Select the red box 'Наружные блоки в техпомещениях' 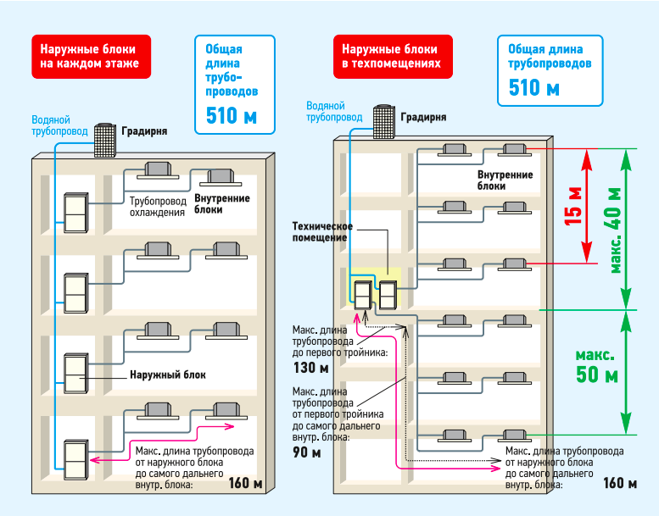coord(392,54)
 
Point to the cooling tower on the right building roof coord(383,122)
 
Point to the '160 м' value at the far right coord(620,484)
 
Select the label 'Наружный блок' coord(168,375)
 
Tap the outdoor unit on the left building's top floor coord(75,214)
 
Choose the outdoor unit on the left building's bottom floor coord(75,458)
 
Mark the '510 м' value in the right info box coord(534,87)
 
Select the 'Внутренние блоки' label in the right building coord(505,180)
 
